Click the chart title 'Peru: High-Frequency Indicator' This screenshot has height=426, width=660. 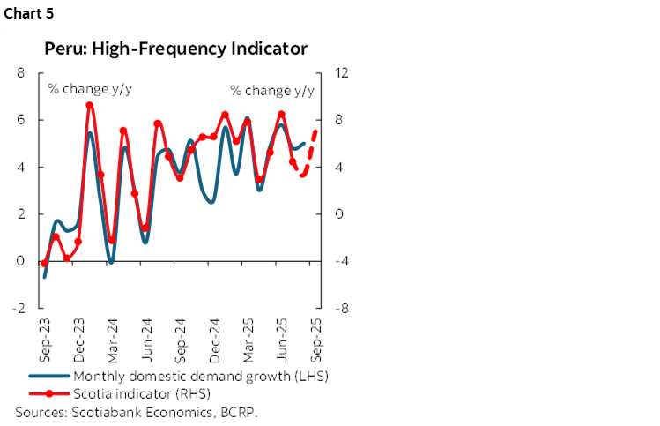(176, 49)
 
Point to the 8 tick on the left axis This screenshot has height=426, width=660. (20, 72)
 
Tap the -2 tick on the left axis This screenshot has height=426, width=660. (19, 309)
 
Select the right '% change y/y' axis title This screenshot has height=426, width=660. (271, 90)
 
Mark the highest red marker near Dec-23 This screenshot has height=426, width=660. (90, 106)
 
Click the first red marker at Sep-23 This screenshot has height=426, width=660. (44, 263)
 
